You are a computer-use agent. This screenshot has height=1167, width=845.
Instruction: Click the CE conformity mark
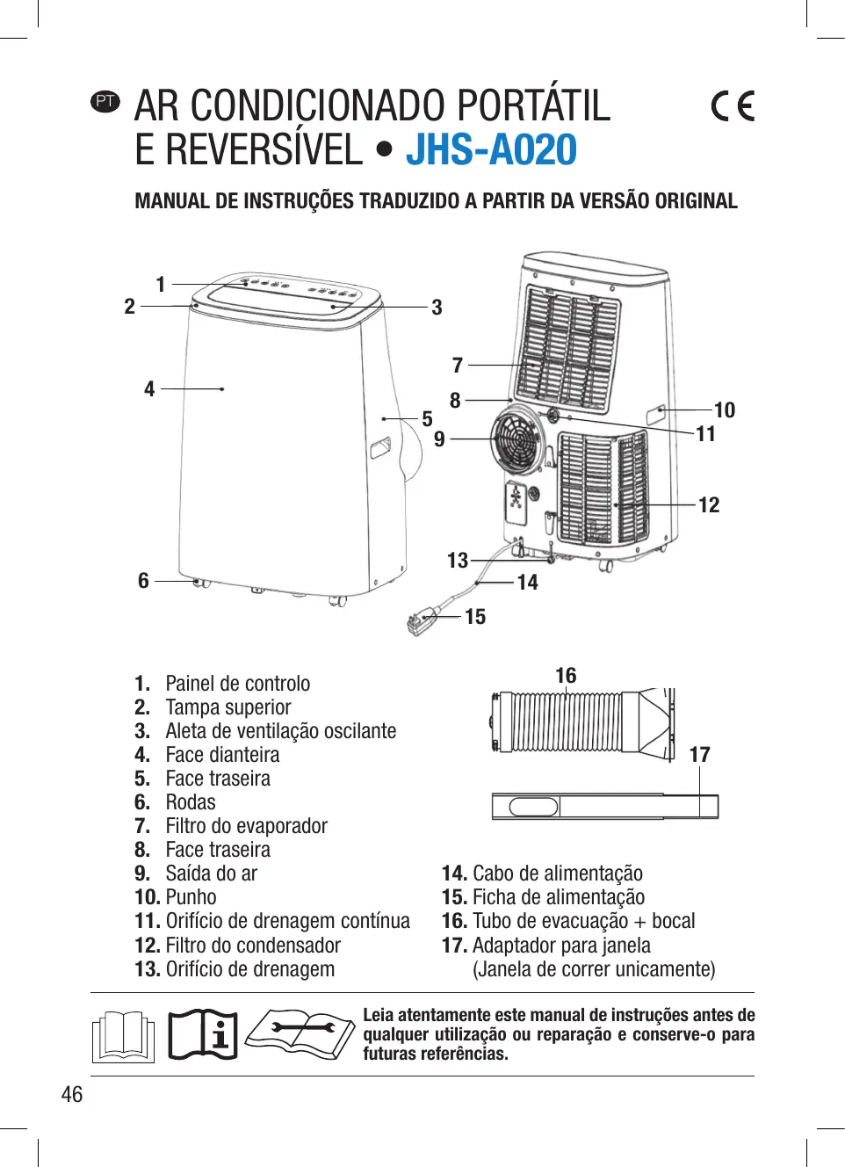coord(733,106)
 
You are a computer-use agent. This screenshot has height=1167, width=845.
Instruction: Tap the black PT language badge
coord(105,101)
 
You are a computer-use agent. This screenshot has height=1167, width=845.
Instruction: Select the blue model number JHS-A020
coord(491,150)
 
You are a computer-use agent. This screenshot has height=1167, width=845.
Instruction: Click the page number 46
coord(72,1094)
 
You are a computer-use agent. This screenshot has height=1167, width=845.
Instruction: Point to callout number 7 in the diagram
coord(457,366)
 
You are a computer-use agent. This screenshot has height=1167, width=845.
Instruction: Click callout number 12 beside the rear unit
coord(709,505)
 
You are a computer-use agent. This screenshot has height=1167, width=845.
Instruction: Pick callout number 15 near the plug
coord(475,617)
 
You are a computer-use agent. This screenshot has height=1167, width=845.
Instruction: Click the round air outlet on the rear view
coord(518,437)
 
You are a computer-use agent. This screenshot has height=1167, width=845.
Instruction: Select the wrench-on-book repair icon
coord(300,1033)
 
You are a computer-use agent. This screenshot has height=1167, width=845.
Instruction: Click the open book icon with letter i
coord(203,1034)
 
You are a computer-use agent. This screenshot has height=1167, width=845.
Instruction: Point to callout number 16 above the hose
coord(566,676)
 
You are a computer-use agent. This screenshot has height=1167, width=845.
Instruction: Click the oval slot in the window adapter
coord(533,806)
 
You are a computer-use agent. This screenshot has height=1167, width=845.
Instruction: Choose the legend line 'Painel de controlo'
coord(237,684)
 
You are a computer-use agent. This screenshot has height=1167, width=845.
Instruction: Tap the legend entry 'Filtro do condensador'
coord(252,946)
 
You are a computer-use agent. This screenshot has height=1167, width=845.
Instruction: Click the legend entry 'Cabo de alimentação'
coord(557,873)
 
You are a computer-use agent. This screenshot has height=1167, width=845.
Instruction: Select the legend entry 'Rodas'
coord(190,802)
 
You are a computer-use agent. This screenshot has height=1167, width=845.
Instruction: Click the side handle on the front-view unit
coord(380,447)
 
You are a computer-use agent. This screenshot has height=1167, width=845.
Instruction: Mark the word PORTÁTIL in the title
coord(533,106)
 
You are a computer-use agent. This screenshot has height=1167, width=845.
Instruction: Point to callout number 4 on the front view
coord(149,389)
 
